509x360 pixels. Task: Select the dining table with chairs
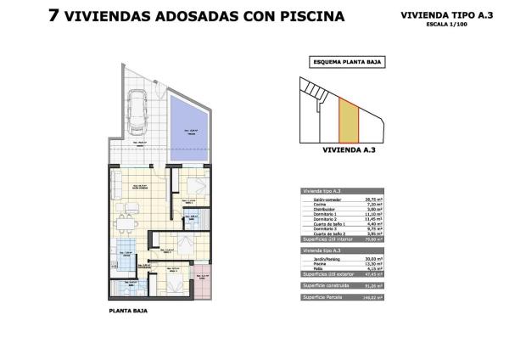pos(126,223)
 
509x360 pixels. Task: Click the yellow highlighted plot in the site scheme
pos(348,120)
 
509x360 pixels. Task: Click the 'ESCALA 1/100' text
pos(442,25)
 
